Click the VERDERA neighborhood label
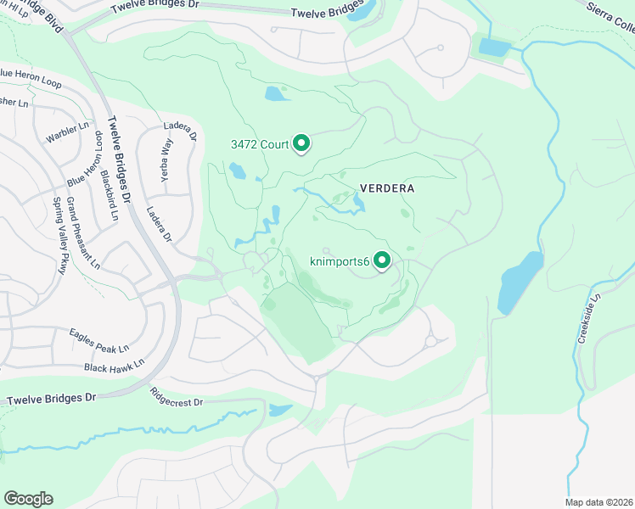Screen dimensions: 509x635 386,188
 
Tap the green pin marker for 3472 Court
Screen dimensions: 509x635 301,144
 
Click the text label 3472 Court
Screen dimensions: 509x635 260,144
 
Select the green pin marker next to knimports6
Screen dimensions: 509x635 382,261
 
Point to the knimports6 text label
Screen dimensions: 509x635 338,262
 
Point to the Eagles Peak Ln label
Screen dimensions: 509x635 98,340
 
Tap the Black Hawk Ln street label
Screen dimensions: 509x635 114,366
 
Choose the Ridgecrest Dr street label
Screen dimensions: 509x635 177,397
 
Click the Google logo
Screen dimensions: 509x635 28,499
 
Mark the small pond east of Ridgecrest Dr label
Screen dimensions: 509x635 279,411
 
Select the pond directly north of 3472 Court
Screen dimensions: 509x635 277,93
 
